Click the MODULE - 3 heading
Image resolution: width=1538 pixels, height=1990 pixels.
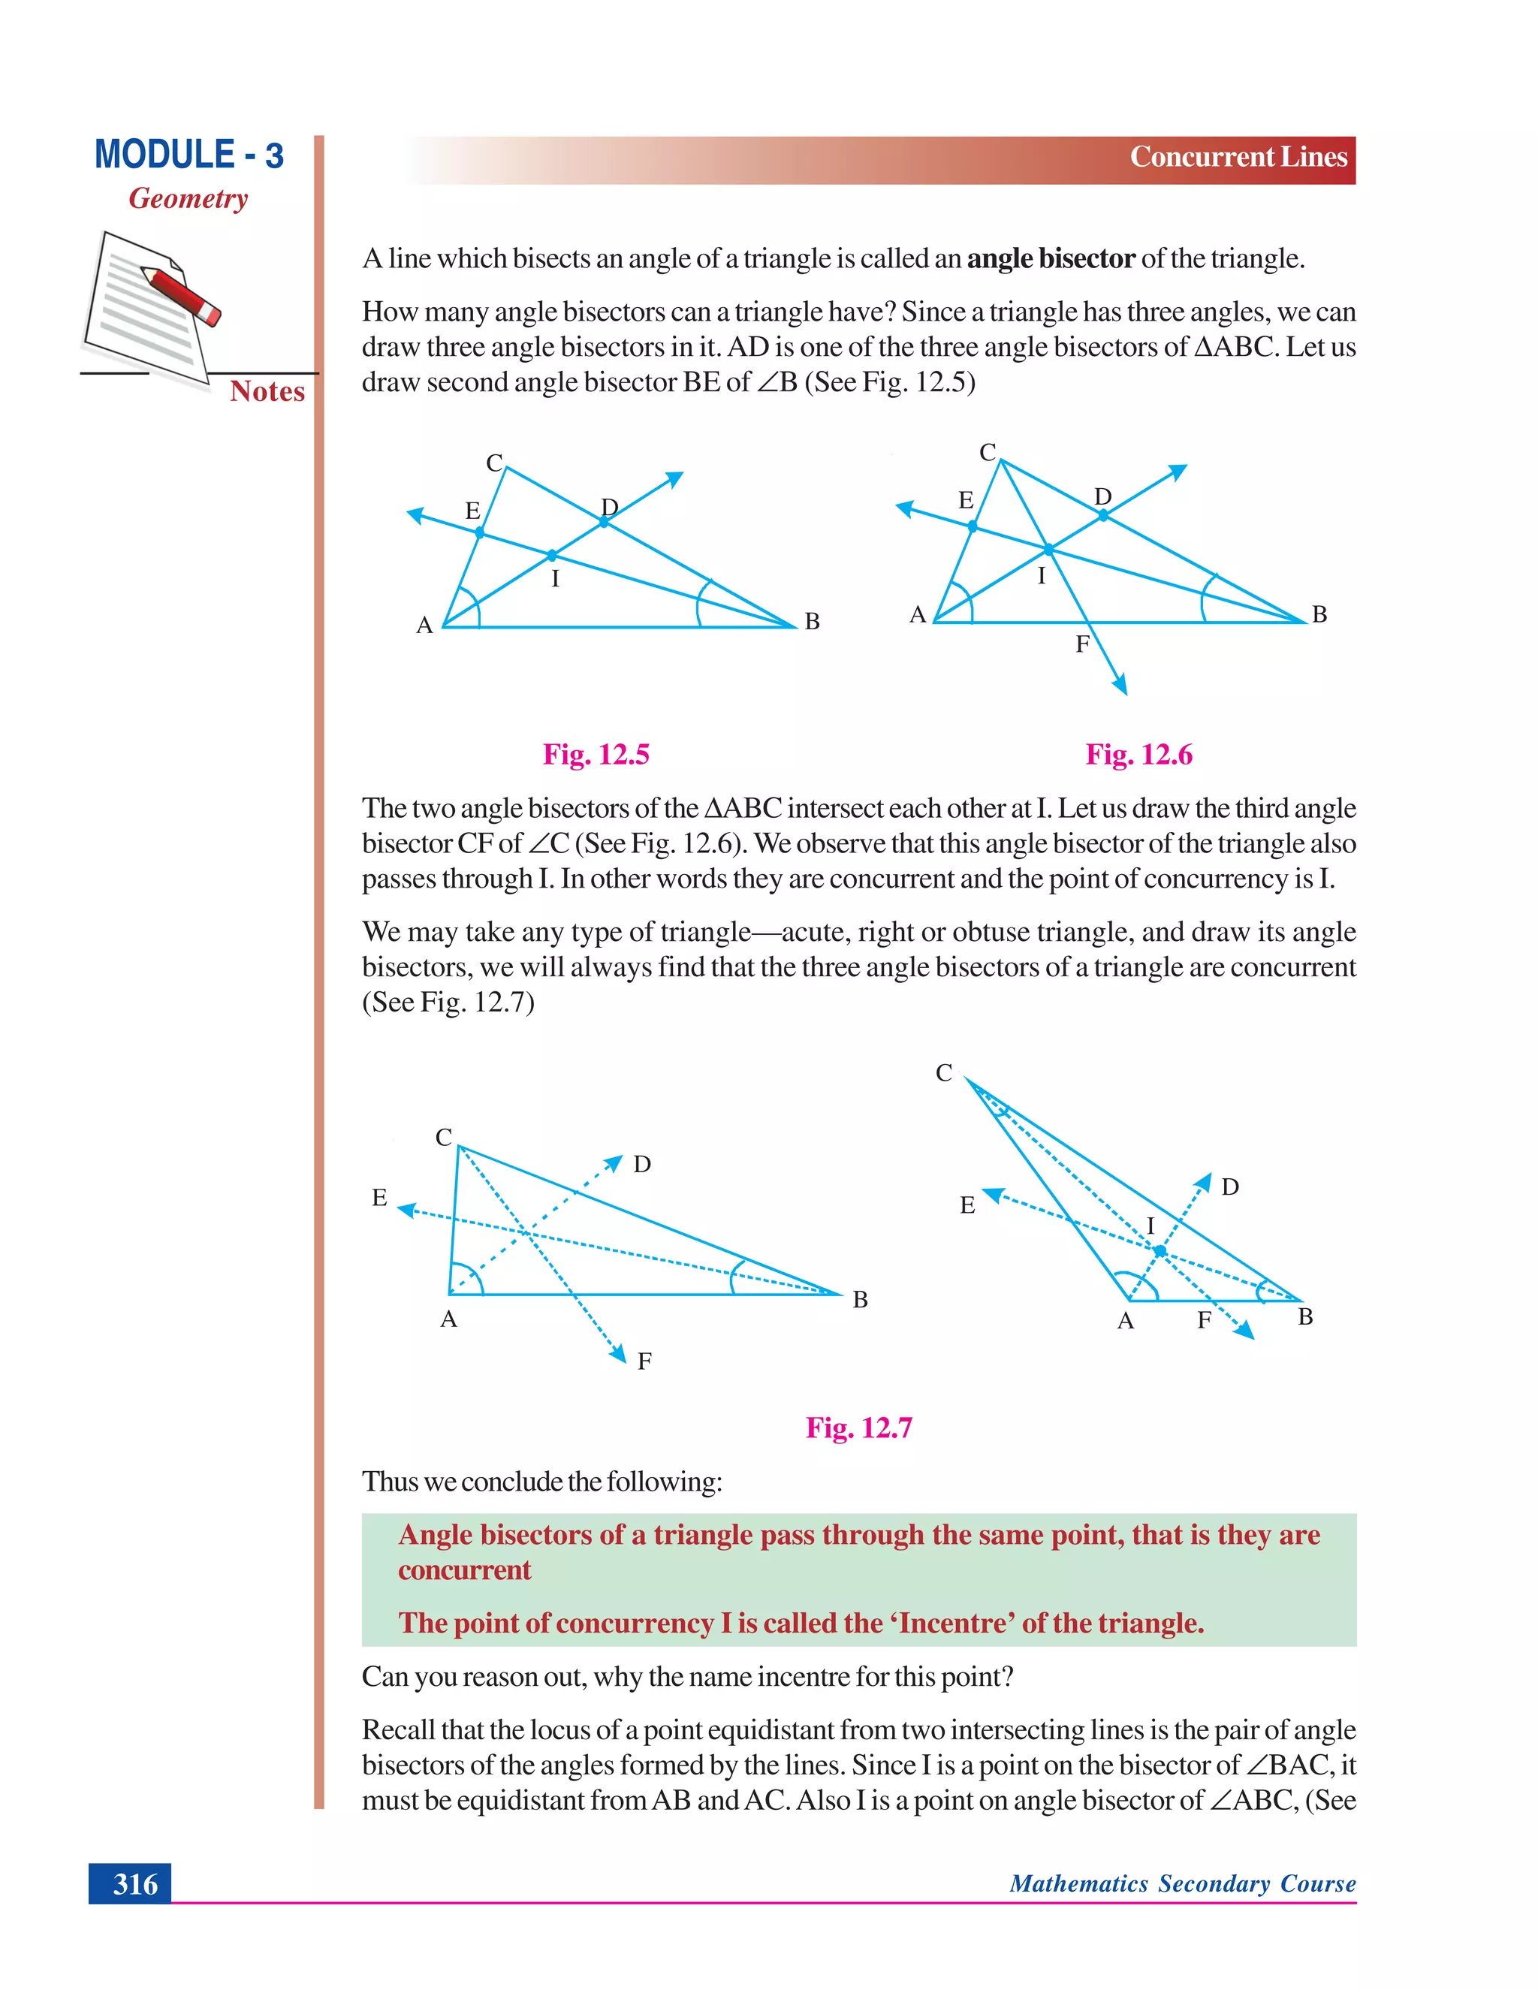(x=188, y=155)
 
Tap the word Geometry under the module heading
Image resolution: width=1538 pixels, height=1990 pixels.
(x=188, y=199)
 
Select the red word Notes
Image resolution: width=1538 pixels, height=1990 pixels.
(x=267, y=391)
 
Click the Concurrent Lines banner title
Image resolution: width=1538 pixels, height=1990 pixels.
(x=1238, y=157)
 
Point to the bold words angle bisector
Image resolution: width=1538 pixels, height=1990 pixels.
(x=1051, y=259)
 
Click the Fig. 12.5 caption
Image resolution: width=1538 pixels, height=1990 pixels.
(x=596, y=755)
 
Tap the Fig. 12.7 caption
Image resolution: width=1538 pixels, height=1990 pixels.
(x=858, y=1427)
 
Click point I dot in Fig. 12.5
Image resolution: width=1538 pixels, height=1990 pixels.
(x=552, y=555)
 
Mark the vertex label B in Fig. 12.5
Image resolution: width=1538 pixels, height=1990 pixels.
(x=812, y=622)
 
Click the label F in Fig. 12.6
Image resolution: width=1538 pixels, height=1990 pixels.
(x=1082, y=644)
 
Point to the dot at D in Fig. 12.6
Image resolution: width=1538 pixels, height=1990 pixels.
(x=1102, y=516)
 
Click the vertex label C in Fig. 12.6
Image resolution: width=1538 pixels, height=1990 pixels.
(x=988, y=452)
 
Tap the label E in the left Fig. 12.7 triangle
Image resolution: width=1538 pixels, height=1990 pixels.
(x=380, y=1197)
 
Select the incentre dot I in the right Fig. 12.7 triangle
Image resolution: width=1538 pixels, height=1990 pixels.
(x=1160, y=1252)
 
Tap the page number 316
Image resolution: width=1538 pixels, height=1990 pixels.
(x=135, y=1883)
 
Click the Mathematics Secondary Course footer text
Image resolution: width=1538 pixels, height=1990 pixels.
(x=1182, y=1883)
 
